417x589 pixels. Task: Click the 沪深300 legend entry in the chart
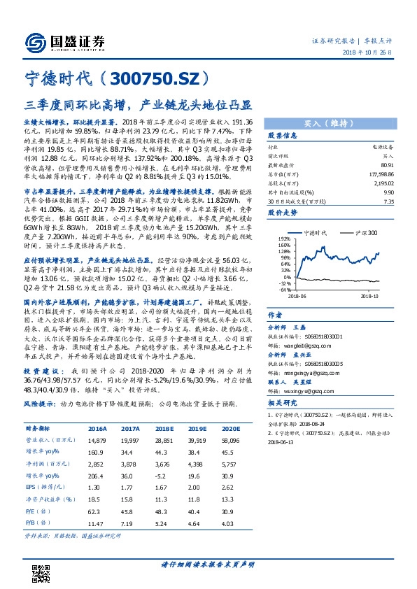364,232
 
